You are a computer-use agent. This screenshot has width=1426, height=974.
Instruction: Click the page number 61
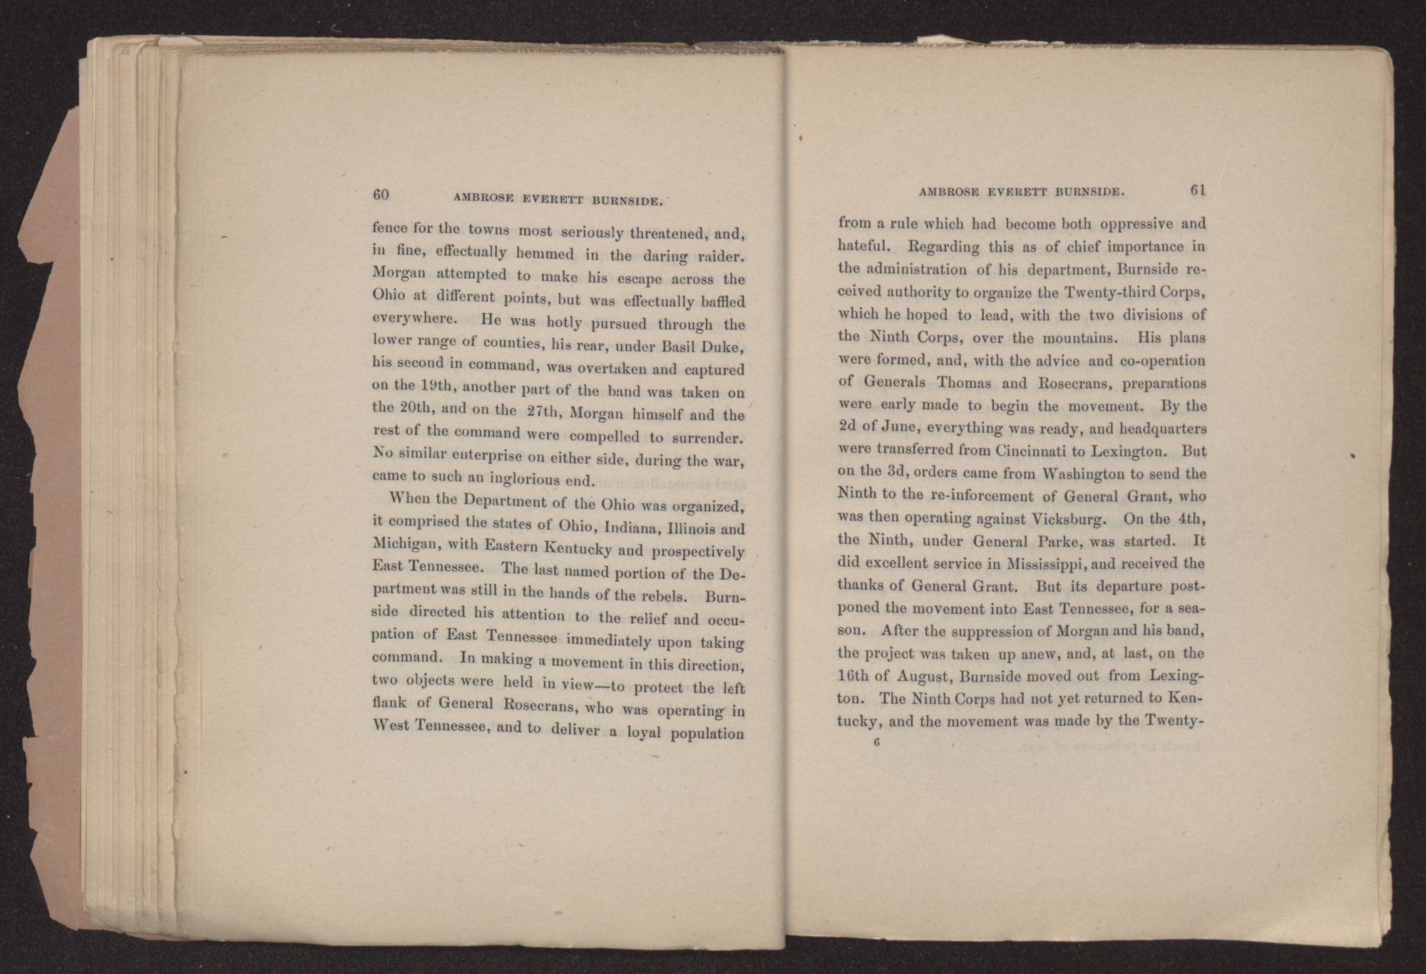click(x=1197, y=190)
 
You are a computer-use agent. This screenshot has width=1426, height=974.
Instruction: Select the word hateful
click(x=863, y=247)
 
